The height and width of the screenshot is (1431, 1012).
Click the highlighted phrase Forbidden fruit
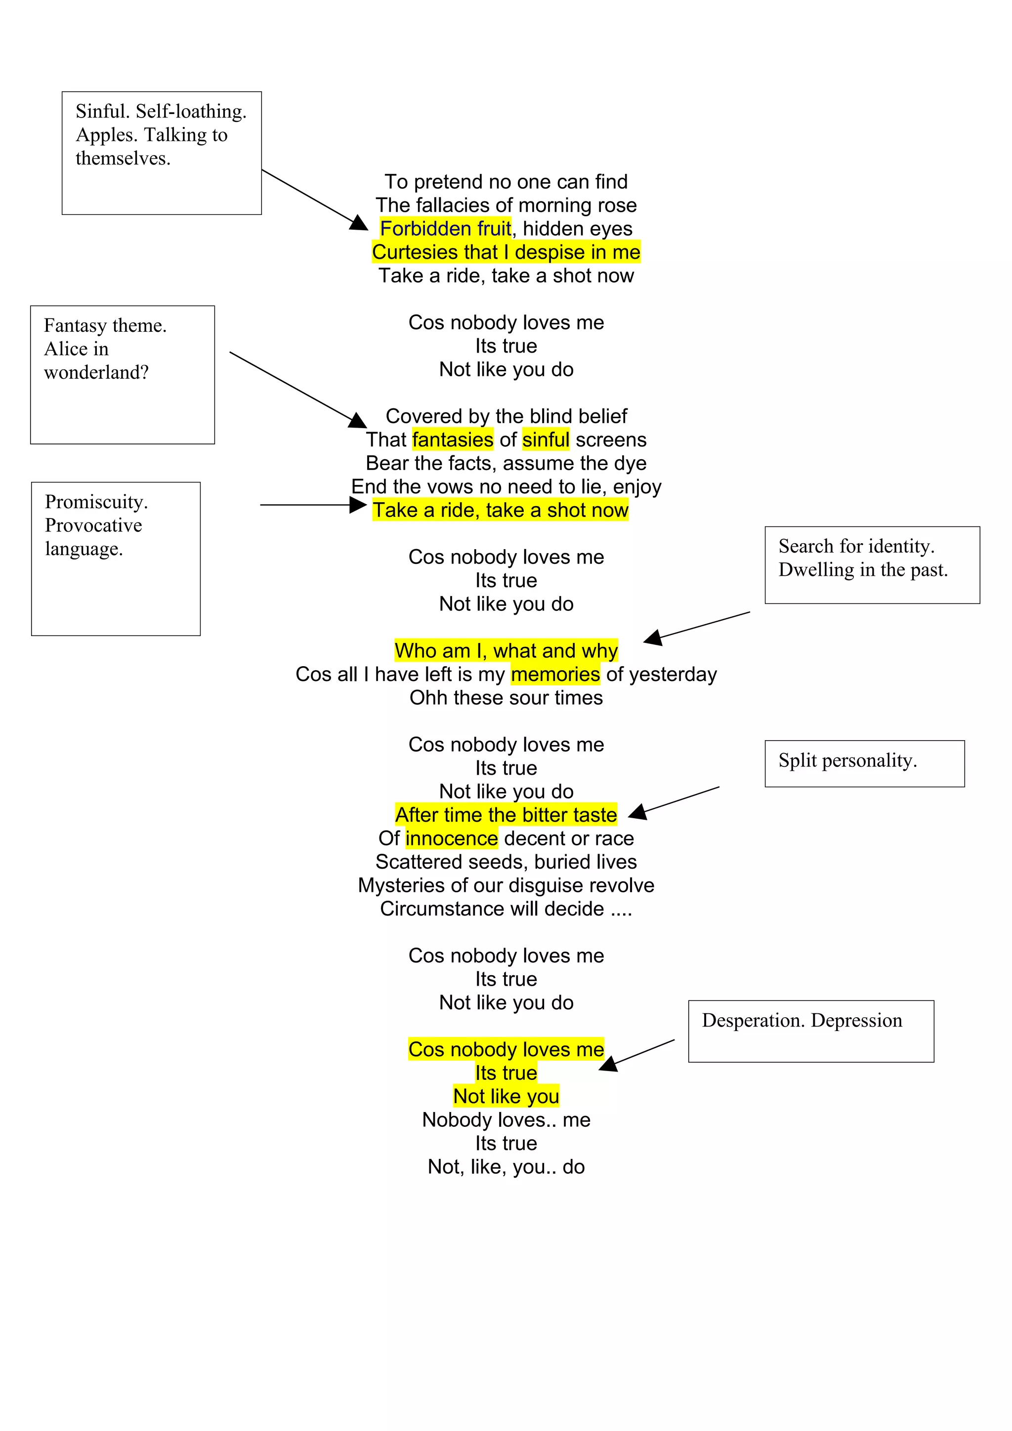[445, 229]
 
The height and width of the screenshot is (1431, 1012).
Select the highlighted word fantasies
[453, 439]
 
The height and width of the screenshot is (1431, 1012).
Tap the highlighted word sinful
[546, 439]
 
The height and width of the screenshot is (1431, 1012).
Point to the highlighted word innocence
[452, 838]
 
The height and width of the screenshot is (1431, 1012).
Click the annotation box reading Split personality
[864, 763]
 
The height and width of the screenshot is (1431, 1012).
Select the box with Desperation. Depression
[810, 1031]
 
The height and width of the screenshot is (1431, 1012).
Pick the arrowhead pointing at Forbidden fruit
[360, 223]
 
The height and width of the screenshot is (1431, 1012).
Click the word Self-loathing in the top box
[191, 111]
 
